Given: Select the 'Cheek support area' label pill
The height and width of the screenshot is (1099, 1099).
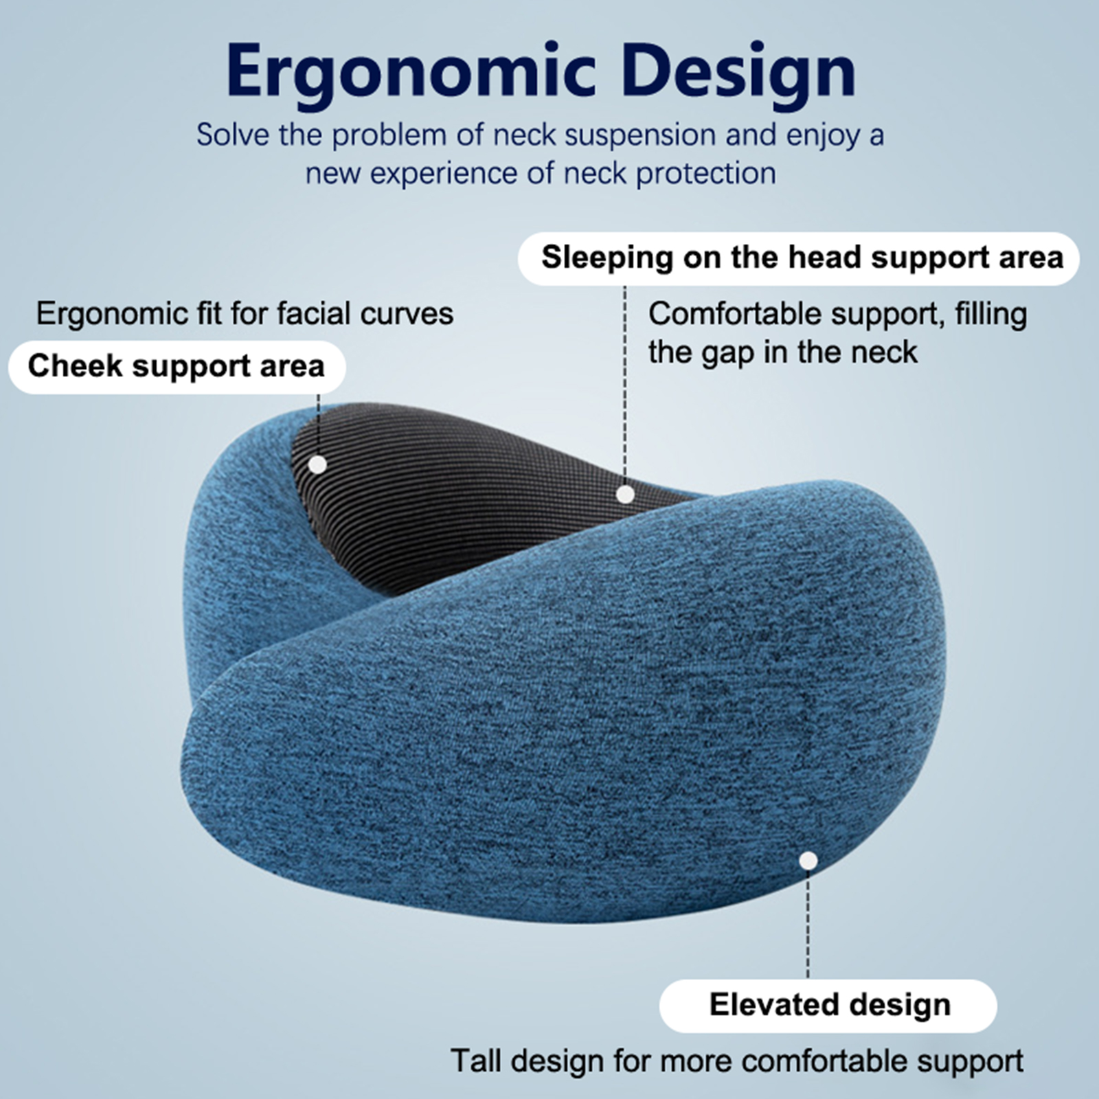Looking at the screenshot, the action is [177, 367].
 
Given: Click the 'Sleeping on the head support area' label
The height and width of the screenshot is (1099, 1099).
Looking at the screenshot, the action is [799, 258].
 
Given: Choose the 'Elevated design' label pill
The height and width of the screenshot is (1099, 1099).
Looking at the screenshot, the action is [828, 1006].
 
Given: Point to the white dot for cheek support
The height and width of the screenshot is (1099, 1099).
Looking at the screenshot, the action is [317, 465].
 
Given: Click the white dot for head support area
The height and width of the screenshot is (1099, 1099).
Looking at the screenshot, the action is [625, 495].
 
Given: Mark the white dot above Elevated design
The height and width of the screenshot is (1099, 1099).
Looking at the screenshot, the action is [808, 861].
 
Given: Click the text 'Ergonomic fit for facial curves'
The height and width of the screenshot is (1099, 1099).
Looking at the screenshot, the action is [245, 314].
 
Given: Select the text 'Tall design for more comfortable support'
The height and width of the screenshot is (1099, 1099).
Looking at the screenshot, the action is [737, 1061].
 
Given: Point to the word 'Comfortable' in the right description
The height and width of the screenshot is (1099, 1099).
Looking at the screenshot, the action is [735, 314].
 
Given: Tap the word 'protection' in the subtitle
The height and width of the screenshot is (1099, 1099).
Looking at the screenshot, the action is [705, 174].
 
